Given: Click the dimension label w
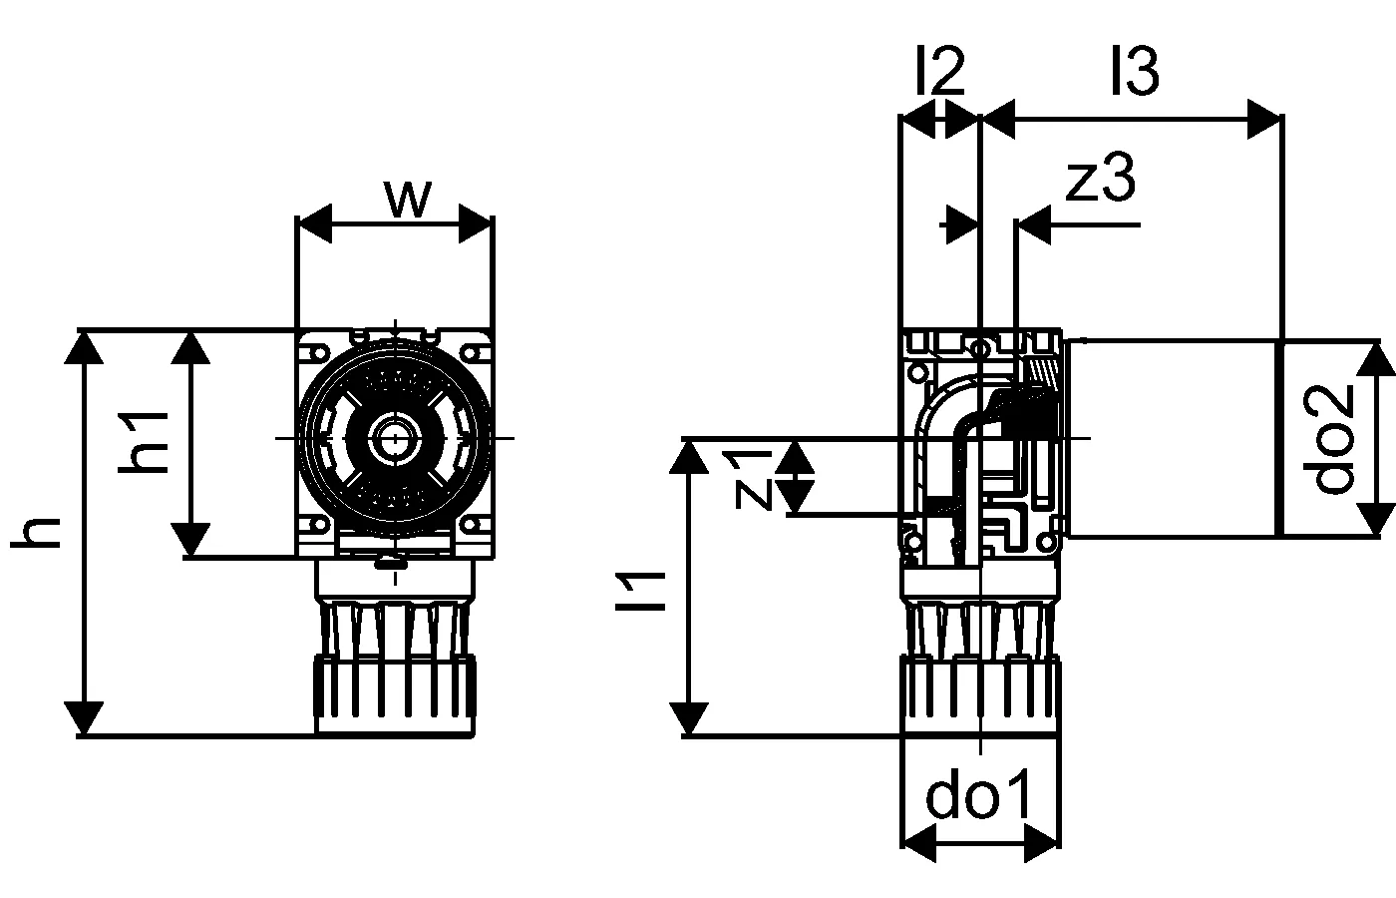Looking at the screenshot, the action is pos(408,199).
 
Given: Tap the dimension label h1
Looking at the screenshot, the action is pos(144,442).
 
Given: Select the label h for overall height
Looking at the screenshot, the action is pos(36,533).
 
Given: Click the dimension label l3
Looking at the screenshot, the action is pos(1136,70).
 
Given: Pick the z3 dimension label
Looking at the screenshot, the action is pos(1101,179).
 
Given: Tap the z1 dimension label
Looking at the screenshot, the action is pos(754,480).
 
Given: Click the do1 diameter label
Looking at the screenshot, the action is pos(979,793).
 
